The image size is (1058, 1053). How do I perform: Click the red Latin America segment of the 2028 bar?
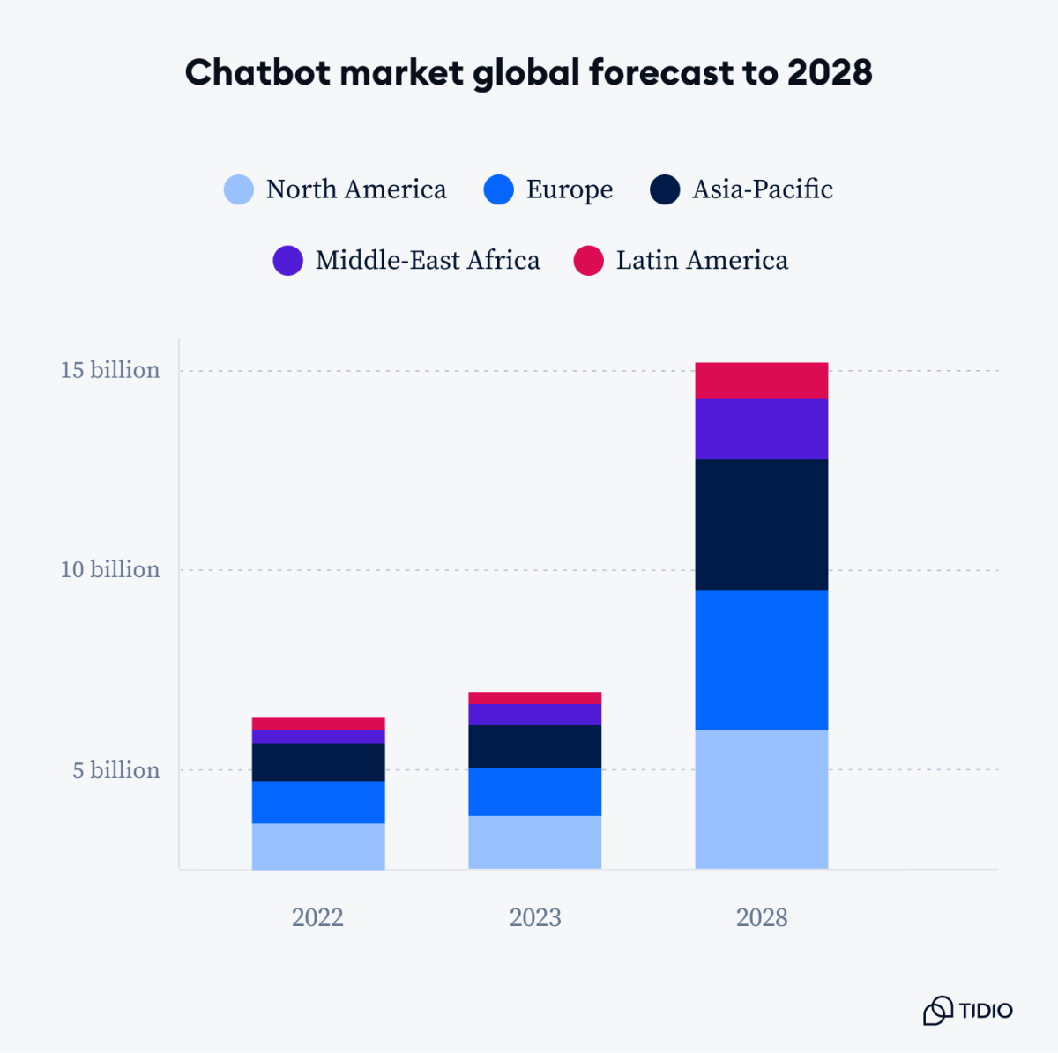click(x=761, y=381)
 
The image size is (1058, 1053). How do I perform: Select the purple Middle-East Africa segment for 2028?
click(x=761, y=429)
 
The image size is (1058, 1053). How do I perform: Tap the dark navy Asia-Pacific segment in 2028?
click(x=761, y=524)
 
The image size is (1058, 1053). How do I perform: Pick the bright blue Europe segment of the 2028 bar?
click(x=761, y=660)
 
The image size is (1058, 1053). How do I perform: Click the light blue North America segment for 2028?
click(x=761, y=798)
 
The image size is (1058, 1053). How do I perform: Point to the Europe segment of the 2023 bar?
click(x=534, y=791)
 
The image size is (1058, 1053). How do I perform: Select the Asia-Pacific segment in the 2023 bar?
click(x=534, y=746)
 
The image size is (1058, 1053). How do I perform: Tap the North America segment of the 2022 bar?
click(x=318, y=846)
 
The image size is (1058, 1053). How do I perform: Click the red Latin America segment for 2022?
click(x=318, y=723)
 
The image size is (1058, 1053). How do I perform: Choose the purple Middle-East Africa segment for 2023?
click(x=534, y=715)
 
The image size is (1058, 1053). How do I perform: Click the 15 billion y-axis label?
click(x=110, y=370)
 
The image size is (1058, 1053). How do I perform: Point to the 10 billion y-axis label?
click(x=110, y=570)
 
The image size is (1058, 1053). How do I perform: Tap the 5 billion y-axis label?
click(x=116, y=770)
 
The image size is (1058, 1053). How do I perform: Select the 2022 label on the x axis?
click(x=317, y=917)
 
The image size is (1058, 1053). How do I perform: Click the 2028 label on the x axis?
click(x=762, y=917)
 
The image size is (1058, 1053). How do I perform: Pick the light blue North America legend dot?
click(x=239, y=189)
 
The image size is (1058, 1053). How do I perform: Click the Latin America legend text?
click(x=702, y=261)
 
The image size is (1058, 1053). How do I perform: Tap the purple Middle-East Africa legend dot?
click(x=288, y=261)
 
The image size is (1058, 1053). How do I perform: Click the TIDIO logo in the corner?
click(x=968, y=1011)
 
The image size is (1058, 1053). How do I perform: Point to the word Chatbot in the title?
click(x=257, y=72)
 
